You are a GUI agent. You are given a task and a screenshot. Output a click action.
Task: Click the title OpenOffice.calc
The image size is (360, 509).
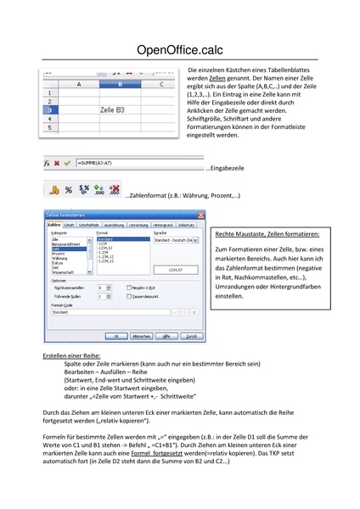click(179, 50)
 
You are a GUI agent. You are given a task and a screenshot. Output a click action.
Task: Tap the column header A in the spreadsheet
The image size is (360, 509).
click(78, 84)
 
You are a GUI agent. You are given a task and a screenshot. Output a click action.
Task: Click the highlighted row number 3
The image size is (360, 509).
click(50, 110)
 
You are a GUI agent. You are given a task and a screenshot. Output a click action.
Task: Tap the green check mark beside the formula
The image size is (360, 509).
click(67, 161)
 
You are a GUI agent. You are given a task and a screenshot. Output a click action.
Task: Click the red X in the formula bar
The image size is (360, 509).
click(57, 161)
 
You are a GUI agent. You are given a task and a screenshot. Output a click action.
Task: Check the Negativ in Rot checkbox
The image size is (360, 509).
click(127, 288)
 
